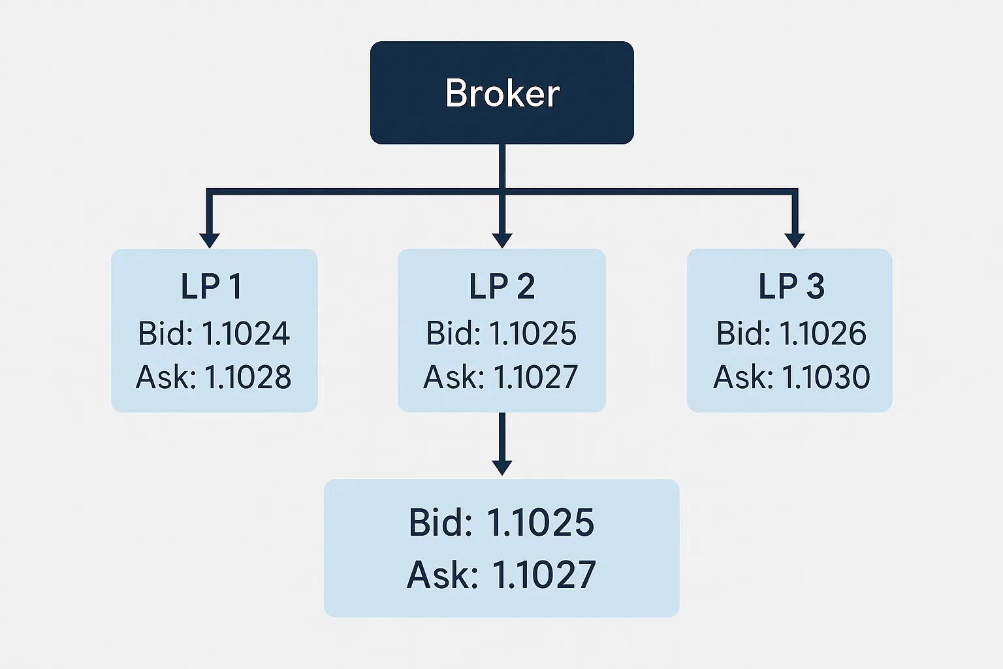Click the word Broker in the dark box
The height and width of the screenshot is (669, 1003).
click(x=502, y=93)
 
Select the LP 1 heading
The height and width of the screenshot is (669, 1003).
click(x=212, y=287)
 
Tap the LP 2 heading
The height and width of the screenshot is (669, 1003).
click(x=501, y=287)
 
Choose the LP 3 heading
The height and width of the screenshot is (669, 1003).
click(x=791, y=287)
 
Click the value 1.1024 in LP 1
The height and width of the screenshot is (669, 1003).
click(x=246, y=334)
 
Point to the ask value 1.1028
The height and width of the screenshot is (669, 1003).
click(x=248, y=378)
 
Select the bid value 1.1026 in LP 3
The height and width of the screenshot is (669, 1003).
click(x=823, y=334)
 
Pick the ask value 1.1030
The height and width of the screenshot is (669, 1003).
click(x=826, y=378)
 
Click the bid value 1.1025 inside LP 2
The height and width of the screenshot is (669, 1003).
click(x=533, y=334)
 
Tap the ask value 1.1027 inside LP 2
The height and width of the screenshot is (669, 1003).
click(x=535, y=378)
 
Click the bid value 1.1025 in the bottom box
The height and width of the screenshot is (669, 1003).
click(x=541, y=523)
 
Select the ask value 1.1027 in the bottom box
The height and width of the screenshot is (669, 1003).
click(x=543, y=575)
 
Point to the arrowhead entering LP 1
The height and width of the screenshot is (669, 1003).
click(x=209, y=240)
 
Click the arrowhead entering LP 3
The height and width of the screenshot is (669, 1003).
click(x=794, y=240)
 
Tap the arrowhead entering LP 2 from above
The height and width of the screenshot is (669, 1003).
click(x=501, y=240)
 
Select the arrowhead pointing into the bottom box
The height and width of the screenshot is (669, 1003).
click(x=501, y=467)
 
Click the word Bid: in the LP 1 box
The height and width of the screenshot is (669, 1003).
click(x=165, y=334)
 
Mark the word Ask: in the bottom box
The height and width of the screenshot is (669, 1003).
click(x=442, y=575)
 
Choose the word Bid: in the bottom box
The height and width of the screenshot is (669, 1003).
click(x=441, y=523)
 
